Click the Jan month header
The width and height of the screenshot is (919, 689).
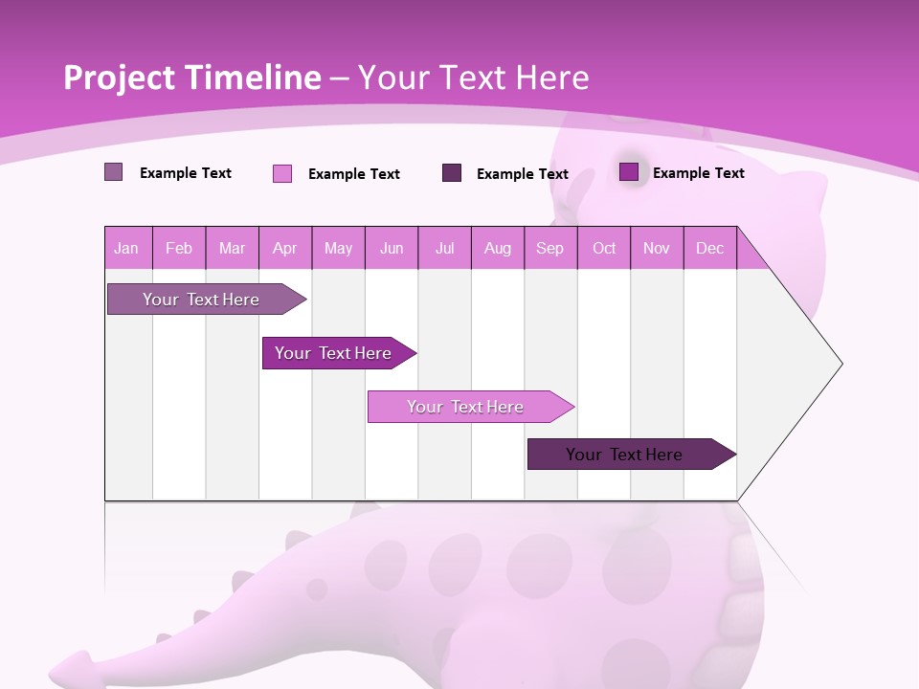(126, 248)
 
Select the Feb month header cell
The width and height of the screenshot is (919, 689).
(179, 248)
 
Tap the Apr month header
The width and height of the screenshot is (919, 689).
(285, 248)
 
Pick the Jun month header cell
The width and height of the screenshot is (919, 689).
(392, 248)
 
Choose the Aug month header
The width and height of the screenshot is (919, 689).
(498, 248)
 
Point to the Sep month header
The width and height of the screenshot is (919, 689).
(550, 248)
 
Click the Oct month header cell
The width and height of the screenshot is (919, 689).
(604, 248)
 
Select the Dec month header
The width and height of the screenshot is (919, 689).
(710, 248)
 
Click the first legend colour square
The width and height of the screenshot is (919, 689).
(114, 172)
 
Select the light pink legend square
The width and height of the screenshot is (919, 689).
(282, 173)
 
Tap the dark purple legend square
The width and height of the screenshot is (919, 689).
(452, 172)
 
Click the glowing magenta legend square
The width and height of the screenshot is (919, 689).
(629, 171)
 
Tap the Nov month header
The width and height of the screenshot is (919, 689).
(657, 248)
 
